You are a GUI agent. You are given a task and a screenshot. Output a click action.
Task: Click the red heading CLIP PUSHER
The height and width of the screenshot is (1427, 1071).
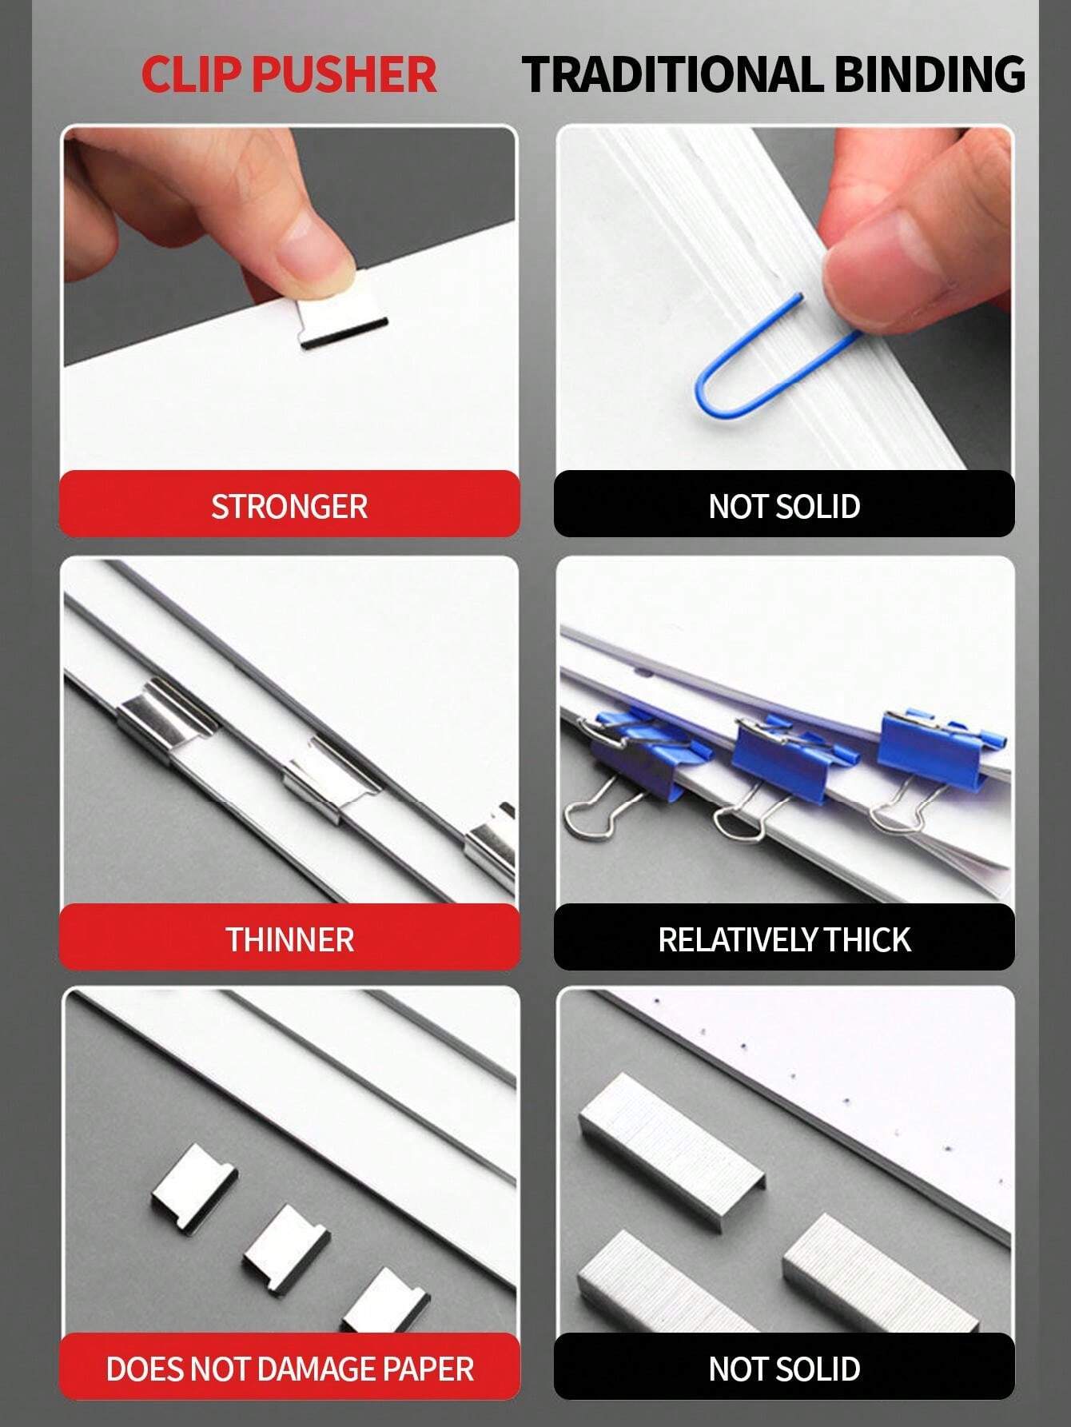tap(289, 74)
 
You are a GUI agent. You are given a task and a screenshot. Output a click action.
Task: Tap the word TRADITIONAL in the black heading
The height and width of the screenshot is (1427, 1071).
tap(672, 74)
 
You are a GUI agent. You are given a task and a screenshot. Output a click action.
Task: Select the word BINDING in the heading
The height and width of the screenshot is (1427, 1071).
tap(930, 74)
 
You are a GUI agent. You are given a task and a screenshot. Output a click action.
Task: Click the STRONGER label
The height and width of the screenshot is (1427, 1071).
tap(289, 506)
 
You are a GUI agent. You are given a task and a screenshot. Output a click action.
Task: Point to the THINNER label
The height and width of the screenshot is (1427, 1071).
tap(289, 939)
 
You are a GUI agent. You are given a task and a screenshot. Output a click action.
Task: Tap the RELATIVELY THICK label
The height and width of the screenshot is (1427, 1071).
tap(784, 939)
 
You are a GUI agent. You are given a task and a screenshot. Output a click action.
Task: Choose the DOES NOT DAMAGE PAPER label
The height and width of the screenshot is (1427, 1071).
tap(289, 1368)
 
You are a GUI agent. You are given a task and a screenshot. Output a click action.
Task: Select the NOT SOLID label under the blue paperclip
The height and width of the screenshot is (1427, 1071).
tap(784, 506)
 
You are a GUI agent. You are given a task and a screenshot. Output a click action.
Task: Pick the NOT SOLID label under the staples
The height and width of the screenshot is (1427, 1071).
tap(784, 1368)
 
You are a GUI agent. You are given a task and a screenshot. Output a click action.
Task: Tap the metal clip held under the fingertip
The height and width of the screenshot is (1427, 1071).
tap(342, 324)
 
